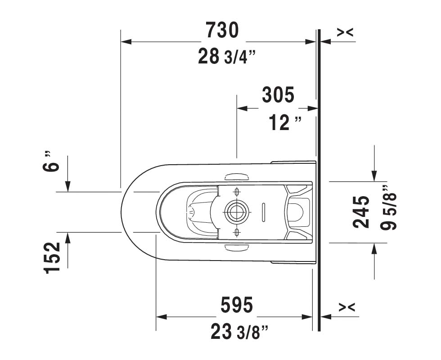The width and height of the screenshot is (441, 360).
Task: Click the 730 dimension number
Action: click(222, 30)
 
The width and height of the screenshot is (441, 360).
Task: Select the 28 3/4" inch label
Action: click(227, 56)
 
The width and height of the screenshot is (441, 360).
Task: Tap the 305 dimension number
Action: click(278, 95)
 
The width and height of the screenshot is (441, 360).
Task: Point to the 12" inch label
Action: click(285, 122)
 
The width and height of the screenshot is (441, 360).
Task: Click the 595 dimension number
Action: click(237, 305)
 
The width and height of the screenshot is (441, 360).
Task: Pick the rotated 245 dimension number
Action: click(361, 212)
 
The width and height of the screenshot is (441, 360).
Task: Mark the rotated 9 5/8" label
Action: click(388, 208)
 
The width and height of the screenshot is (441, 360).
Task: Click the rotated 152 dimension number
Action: click(52, 257)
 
